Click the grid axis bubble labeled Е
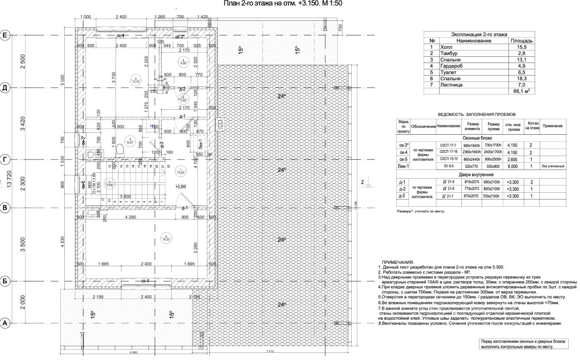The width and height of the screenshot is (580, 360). point(5,35)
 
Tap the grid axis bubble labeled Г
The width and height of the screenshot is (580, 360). point(5,160)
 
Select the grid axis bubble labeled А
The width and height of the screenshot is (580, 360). point(5,323)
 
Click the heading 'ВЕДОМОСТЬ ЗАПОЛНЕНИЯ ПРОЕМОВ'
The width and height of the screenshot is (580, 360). point(477,115)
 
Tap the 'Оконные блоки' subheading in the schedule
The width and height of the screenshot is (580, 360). point(478,138)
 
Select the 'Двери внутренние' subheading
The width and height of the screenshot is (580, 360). point(478,175)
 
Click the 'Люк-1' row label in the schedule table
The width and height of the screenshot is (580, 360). point(403,166)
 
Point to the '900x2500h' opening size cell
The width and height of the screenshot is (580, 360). point(493,160)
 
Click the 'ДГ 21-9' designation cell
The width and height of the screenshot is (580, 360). point(448,181)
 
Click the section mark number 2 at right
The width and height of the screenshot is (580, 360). point(362,182)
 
